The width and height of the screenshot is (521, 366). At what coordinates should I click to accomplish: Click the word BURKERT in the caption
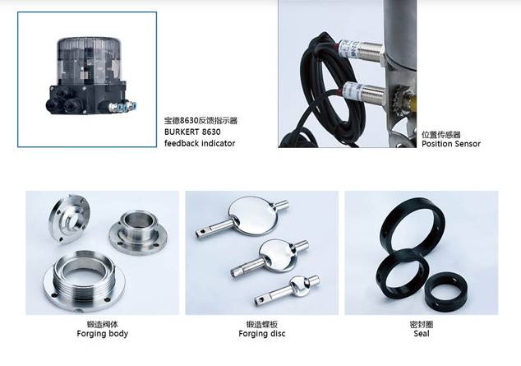click(182, 132)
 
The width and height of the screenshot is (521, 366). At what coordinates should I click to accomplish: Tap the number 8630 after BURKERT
click(211, 132)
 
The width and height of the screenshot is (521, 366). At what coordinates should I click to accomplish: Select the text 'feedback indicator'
click(200, 143)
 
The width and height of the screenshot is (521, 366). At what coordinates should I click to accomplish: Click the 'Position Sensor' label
click(451, 144)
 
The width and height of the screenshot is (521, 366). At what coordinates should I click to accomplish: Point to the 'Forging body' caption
click(103, 333)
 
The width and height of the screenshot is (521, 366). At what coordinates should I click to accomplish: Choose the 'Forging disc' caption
click(262, 333)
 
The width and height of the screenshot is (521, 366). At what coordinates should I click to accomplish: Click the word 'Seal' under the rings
click(422, 333)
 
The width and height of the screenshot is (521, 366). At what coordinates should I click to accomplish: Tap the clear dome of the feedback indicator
click(89, 60)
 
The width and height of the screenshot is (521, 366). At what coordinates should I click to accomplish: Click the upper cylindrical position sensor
click(361, 50)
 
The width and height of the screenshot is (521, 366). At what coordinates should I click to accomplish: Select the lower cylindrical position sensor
click(366, 92)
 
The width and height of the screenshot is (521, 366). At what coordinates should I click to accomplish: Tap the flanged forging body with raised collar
click(138, 233)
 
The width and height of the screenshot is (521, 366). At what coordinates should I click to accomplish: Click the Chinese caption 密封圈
click(422, 324)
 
